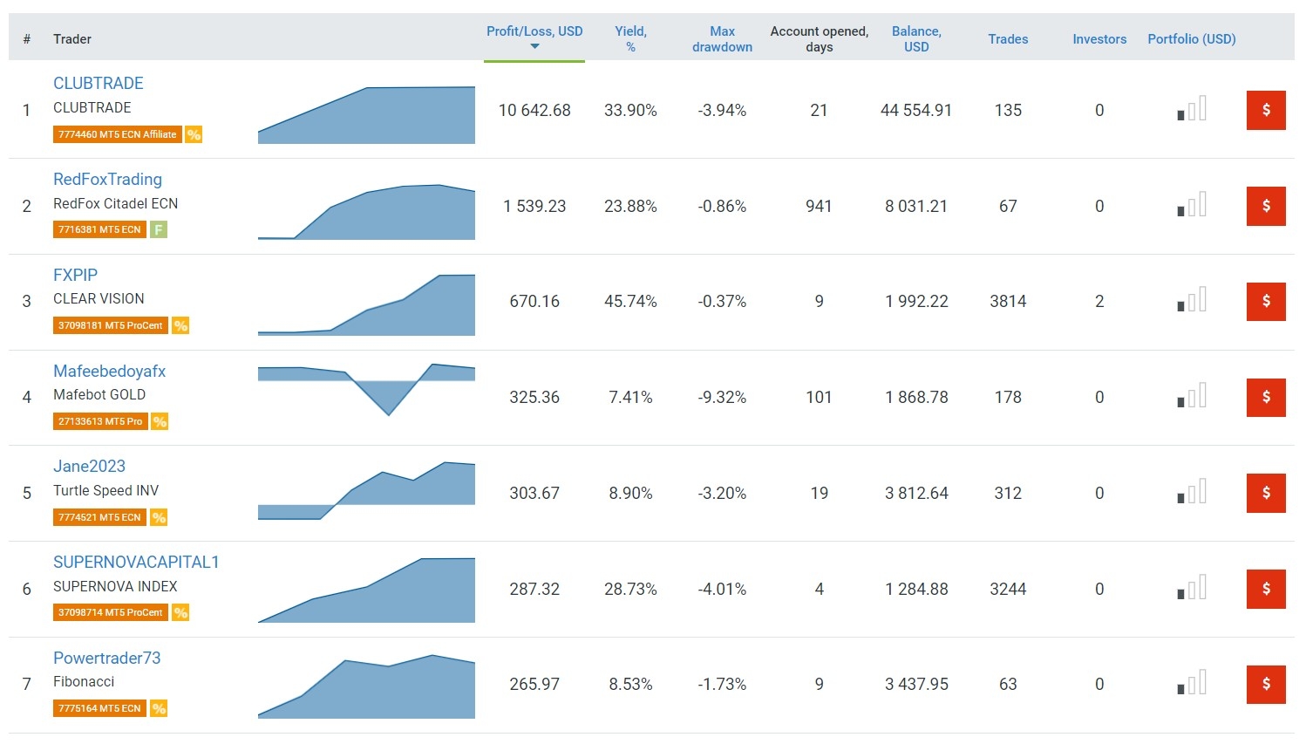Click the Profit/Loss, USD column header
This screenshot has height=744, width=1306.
534,32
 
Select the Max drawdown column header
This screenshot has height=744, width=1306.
722,39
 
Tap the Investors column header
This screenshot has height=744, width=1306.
1099,39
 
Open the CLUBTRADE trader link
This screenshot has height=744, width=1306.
99,84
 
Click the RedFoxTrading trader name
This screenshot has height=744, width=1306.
107,180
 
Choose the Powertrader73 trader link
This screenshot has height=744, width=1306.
106,659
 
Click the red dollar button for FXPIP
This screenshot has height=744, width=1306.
1266,302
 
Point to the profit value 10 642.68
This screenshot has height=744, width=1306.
534,111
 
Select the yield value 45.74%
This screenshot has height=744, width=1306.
630,302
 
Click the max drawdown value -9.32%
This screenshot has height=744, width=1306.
722,398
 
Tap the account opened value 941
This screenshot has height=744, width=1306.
819,207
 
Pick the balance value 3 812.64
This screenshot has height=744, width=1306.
916,494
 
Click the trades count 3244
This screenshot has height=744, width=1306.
1008,590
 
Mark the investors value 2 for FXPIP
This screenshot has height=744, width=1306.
1099,302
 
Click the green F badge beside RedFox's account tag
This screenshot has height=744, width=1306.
158,230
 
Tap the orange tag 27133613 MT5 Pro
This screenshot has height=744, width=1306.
99,422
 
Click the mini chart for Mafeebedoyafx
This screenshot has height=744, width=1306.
366,389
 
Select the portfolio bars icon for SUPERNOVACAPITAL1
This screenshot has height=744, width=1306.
1192,588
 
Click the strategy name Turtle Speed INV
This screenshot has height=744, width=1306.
105,491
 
